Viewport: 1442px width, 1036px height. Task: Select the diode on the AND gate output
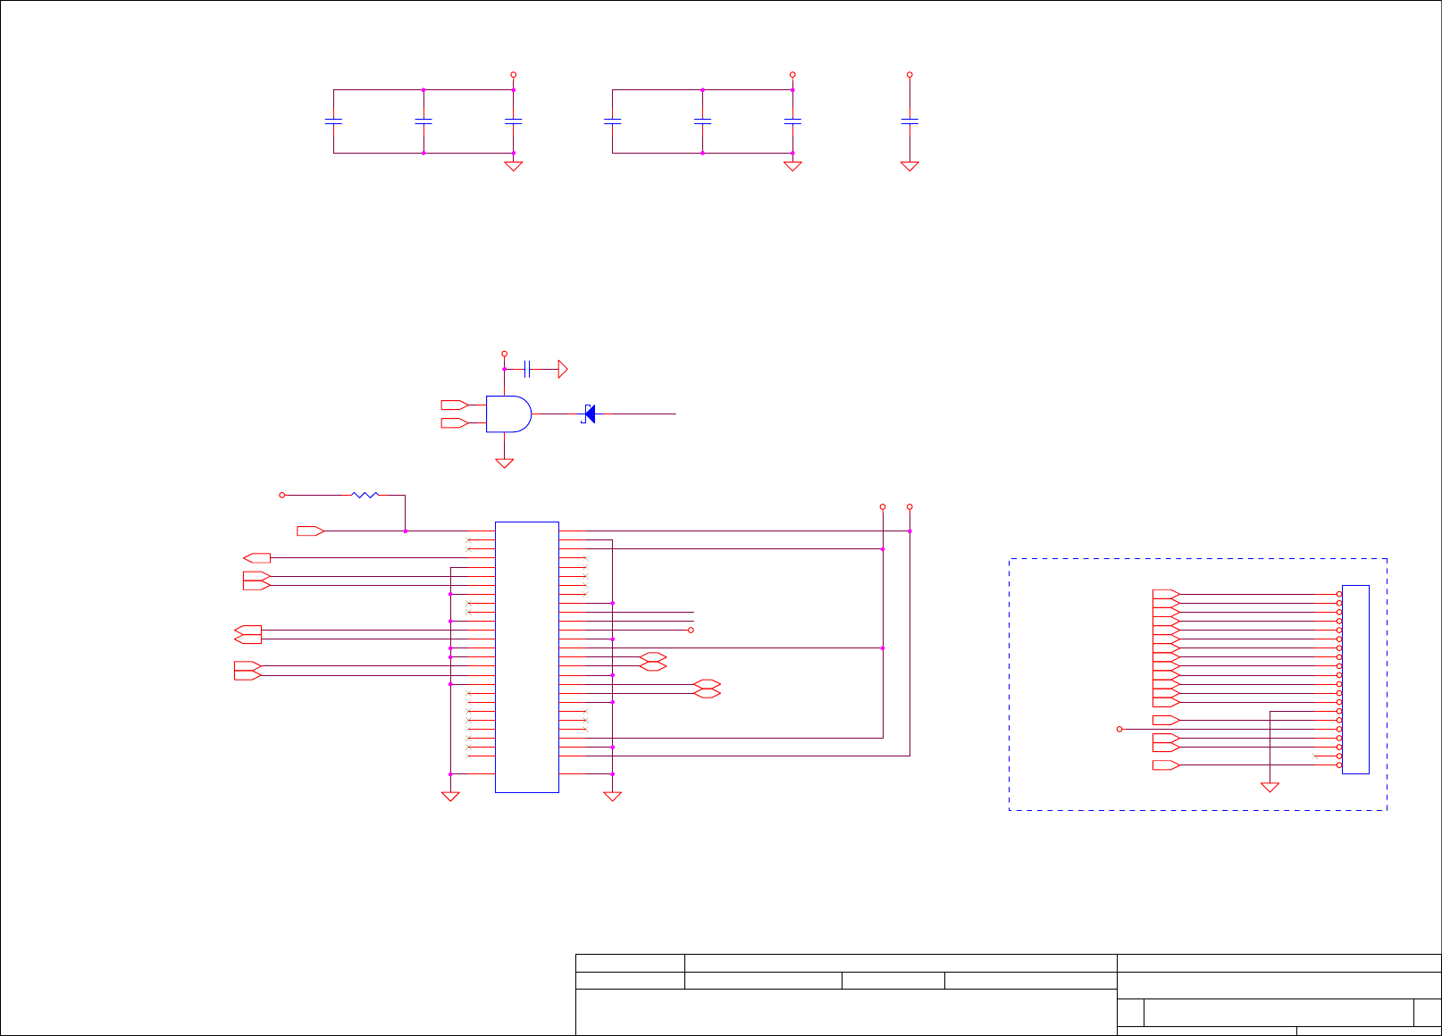tap(588, 414)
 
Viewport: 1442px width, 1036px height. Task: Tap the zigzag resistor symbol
tap(365, 494)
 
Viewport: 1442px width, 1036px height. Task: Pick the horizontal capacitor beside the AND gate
tap(528, 369)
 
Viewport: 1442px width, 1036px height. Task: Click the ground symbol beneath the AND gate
tap(504, 464)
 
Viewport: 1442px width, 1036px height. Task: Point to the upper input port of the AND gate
tap(455, 405)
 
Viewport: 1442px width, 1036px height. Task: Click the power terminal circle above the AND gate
tap(504, 354)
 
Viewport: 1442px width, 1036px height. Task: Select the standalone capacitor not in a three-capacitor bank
tap(910, 121)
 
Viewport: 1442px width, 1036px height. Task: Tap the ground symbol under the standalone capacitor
tap(910, 166)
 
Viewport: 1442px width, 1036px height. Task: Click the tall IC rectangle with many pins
tap(526, 656)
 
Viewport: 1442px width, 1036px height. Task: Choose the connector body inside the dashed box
tap(1355, 679)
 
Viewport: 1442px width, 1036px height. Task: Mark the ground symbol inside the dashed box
tap(1270, 787)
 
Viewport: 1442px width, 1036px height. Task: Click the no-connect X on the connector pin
tap(1315, 756)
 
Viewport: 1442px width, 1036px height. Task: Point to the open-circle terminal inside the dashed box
tap(1119, 729)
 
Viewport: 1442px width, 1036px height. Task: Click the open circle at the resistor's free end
tap(281, 494)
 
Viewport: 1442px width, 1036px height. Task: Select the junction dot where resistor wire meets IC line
tap(406, 531)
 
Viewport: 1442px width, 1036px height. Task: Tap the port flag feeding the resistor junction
tap(310, 531)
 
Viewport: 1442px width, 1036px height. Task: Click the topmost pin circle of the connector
tap(1338, 594)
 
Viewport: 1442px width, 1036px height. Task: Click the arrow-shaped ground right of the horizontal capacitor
tap(563, 369)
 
